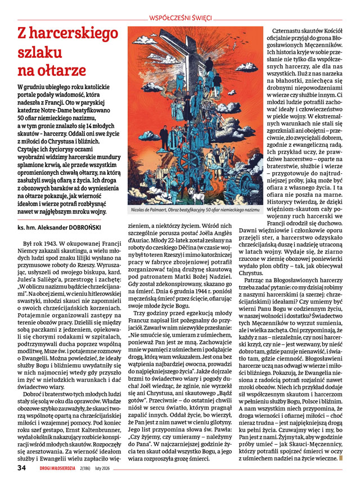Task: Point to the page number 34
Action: (21, 467)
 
